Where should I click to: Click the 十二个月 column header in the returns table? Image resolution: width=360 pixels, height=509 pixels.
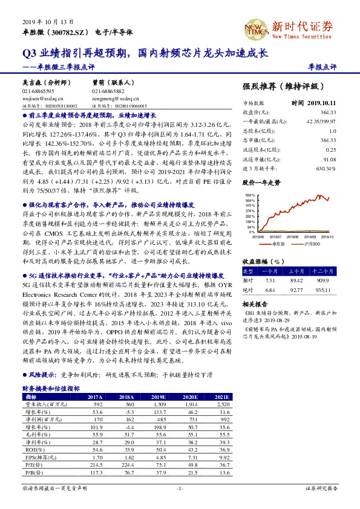click(x=324, y=272)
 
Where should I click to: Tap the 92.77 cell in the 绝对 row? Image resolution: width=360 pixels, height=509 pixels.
click(x=296, y=290)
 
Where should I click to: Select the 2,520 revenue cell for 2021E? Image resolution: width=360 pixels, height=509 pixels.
click(x=223, y=404)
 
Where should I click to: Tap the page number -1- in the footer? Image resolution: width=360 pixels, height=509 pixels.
click(x=179, y=487)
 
